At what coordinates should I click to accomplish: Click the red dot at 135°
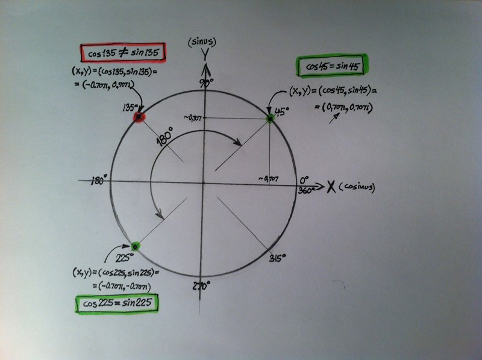coord(139,117)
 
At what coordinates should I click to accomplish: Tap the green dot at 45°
coord(270,118)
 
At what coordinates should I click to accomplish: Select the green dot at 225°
coord(135,246)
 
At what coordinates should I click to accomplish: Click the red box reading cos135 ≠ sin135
coord(123,53)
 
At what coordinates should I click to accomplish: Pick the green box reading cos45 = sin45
coord(332,66)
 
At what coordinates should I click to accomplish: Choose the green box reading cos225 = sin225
coord(117,303)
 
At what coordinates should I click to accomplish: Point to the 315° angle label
coord(277,258)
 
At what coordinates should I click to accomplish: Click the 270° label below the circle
coord(201,286)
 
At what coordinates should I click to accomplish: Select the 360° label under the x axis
coord(306,190)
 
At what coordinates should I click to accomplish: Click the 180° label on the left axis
coord(99,181)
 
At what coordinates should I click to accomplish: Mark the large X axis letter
coord(331,187)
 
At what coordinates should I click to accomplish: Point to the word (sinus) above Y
coord(202,42)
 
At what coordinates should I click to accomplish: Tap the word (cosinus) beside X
coord(357,187)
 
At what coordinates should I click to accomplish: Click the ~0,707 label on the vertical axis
coord(192,117)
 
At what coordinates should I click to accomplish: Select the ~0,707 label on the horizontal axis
coord(268,178)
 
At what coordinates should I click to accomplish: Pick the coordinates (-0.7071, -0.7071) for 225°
coord(122,287)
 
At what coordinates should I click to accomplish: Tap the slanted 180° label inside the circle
coord(164,137)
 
